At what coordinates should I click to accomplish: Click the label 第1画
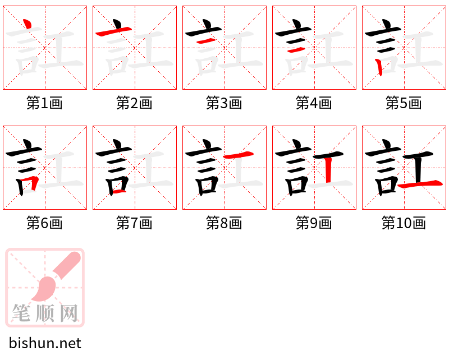point(44,103)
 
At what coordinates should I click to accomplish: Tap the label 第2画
point(134,103)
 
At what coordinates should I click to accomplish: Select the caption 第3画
point(224,103)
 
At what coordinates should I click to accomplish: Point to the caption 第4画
point(314,103)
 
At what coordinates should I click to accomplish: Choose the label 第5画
point(404,103)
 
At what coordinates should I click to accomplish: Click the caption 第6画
point(44,223)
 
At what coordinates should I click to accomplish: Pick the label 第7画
point(134,223)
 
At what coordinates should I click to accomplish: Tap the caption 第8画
point(224,223)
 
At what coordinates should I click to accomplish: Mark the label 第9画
point(314,223)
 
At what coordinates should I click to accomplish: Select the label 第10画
point(404,223)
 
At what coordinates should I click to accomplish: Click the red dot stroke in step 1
point(26,25)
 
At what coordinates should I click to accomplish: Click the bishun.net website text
point(45,343)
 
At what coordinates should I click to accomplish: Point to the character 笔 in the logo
point(21,313)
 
